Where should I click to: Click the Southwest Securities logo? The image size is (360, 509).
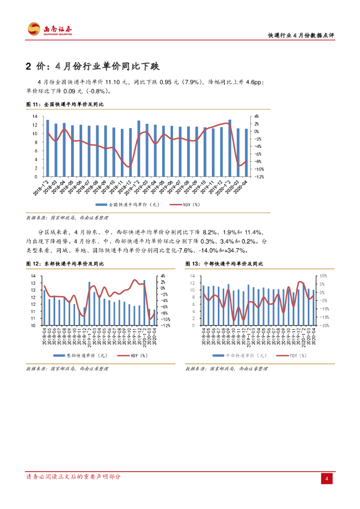pyautogui.click(x=50, y=29)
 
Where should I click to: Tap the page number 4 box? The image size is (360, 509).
pyautogui.click(x=327, y=478)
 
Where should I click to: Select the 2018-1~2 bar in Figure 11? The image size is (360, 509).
pyautogui.click(x=47, y=148)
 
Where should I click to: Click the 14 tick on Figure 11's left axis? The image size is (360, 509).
pyautogui.click(x=35, y=116)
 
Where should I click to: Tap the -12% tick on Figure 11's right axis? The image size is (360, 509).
pyautogui.click(x=259, y=176)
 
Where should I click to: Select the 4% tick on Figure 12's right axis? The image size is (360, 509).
pyautogui.click(x=162, y=276)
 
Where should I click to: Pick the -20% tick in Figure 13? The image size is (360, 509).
pyautogui.click(x=322, y=325)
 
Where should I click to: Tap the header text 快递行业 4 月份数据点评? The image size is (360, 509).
pyautogui.click(x=301, y=35)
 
